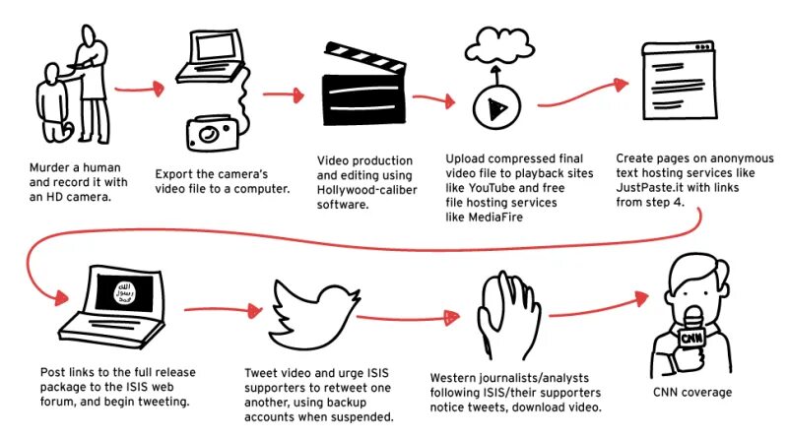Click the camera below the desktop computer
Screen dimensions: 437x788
pos(211,131)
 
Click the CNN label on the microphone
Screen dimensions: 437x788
pos(691,338)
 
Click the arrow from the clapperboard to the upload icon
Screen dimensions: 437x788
pos(428,99)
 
